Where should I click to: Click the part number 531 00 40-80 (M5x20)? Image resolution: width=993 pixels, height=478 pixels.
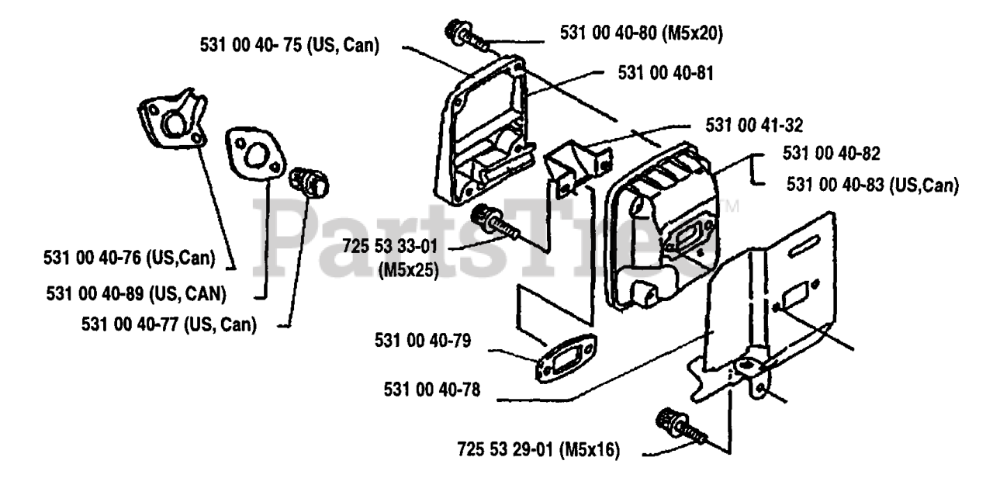tap(642, 33)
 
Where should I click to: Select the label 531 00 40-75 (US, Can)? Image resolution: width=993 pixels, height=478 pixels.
tap(289, 46)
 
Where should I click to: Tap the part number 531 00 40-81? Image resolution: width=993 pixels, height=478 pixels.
tap(666, 72)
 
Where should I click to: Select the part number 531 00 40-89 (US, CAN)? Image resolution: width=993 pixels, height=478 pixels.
tap(137, 293)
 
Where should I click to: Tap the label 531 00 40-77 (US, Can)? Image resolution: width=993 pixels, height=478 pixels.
tap(168, 324)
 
